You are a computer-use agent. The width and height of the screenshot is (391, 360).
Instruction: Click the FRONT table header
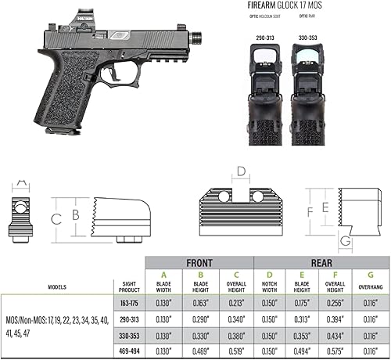200,263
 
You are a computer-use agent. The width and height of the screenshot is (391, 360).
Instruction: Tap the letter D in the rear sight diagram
242,170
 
